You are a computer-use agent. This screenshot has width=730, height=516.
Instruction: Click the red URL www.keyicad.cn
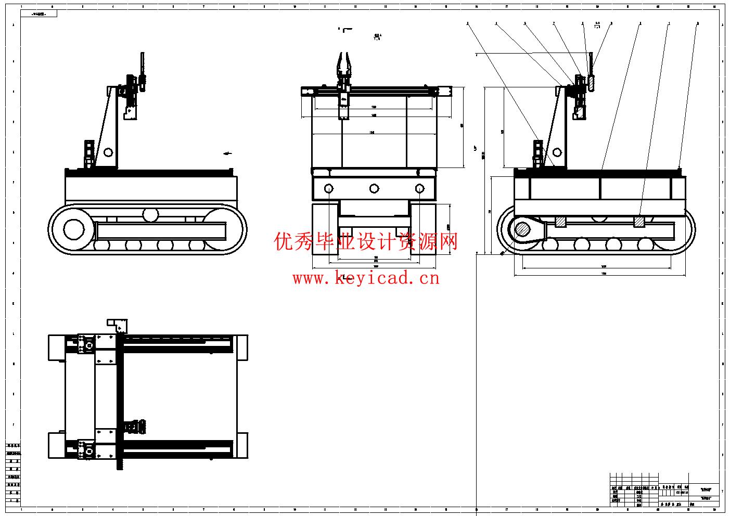pos(366,278)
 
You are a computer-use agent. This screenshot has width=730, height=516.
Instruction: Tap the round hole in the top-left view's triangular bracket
pos(108,152)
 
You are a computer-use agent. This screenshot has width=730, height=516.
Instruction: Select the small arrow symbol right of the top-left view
pos(227,153)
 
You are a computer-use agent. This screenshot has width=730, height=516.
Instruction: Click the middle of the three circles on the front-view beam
pos(374,188)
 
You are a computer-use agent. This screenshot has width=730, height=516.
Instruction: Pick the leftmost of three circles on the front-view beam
pos(329,188)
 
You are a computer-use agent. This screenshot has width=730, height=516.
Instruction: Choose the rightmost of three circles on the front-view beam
pos(419,188)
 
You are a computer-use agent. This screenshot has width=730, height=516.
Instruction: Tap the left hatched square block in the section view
pos(560,222)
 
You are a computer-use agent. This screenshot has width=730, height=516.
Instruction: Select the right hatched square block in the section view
pos(639,222)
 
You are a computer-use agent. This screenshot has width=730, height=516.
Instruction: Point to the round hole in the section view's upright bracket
pos(557,152)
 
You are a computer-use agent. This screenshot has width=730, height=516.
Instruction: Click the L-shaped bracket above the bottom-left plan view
pos(118,325)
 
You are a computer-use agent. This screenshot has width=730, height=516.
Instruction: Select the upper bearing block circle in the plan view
pos(89,344)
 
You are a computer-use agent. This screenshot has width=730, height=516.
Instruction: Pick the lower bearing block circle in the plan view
pos(89,450)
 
